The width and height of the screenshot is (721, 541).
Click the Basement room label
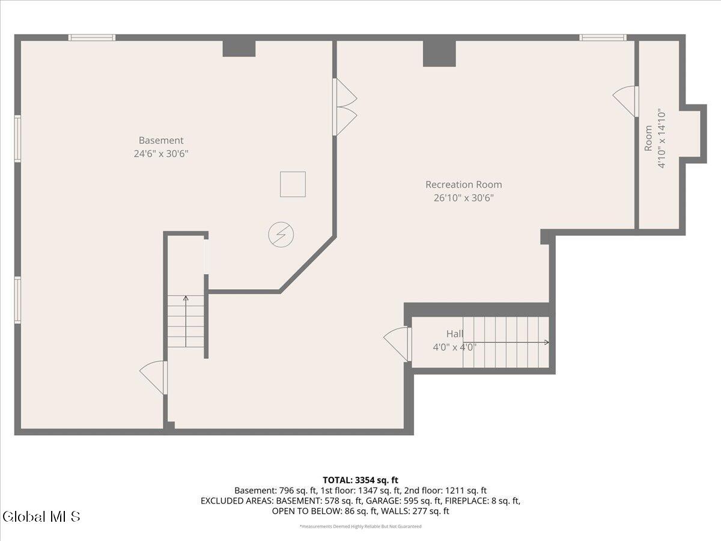click(x=161, y=140)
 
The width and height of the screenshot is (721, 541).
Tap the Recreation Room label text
click(x=463, y=185)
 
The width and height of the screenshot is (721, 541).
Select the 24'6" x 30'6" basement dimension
click(x=161, y=154)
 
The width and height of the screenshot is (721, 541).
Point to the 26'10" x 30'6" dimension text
click(x=463, y=198)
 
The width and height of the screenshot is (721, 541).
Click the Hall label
click(x=455, y=334)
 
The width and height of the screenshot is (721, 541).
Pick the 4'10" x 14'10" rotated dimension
click(x=662, y=138)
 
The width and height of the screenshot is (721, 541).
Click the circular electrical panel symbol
click(x=281, y=234)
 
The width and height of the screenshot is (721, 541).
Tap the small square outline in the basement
click(x=293, y=185)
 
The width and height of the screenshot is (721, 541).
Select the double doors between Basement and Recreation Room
click(x=344, y=107)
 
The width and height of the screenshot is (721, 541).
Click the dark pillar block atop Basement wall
click(x=239, y=49)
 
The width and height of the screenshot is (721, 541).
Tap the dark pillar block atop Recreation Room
click(x=439, y=53)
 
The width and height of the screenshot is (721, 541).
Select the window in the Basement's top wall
click(x=92, y=37)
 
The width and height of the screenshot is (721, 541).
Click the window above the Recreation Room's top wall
click(x=603, y=37)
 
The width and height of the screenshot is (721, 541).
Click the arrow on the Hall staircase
click(x=506, y=342)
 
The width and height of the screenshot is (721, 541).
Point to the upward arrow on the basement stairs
click(x=186, y=321)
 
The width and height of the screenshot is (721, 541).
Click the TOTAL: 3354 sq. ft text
click(x=360, y=480)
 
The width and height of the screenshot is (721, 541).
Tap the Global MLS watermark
click(x=41, y=516)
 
